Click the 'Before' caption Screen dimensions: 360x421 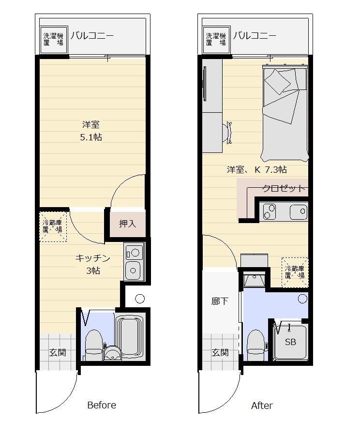pyautogui.click(x=102, y=405)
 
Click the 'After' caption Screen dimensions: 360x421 pyautogui.click(x=262, y=405)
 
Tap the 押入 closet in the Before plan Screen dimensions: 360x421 pyautogui.click(x=128, y=223)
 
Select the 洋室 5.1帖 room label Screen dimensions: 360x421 pyautogui.click(x=91, y=131)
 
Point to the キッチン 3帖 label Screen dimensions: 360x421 pyautogui.click(x=93, y=264)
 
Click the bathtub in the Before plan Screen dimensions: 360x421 pyautogui.click(x=129, y=337)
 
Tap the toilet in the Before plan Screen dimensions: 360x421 pyautogui.click(x=94, y=346)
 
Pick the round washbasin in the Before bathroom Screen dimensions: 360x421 pyautogui.click(x=113, y=353)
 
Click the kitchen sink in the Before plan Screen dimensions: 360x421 pyautogui.click(x=133, y=270)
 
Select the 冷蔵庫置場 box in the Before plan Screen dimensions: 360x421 pyautogui.click(x=53, y=226)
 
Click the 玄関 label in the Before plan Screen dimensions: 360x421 pyautogui.click(x=58, y=353)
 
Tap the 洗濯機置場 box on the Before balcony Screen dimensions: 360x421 pyautogui.click(x=53, y=40)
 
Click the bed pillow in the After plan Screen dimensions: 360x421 pyautogui.click(x=278, y=82)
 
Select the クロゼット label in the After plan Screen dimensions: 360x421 pyautogui.click(x=284, y=188)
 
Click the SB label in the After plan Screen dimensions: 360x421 pyautogui.click(x=290, y=342)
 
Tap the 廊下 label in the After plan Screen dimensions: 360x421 pyautogui.click(x=220, y=301)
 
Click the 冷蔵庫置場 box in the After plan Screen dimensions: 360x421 pyautogui.click(x=295, y=272)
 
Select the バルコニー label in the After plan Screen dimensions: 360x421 pyautogui.click(x=255, y=35)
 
